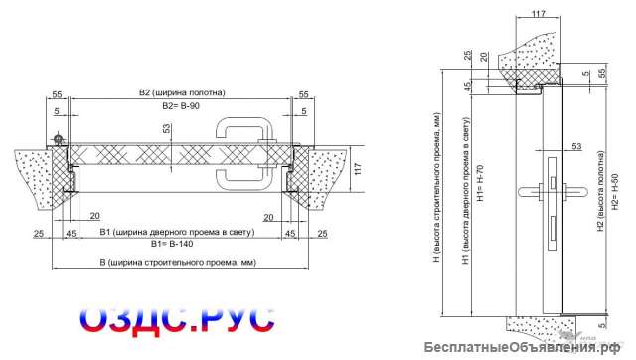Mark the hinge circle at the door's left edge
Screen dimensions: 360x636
60,138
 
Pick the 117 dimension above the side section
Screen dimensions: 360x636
538,13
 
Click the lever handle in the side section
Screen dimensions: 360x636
553,189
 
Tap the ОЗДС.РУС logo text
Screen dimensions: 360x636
176,315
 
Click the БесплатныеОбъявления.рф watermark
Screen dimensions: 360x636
528,346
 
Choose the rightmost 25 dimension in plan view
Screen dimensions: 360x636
322,233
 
